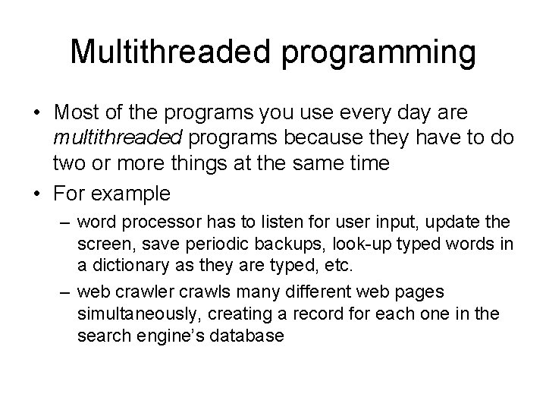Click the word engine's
(x=159, y=336)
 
